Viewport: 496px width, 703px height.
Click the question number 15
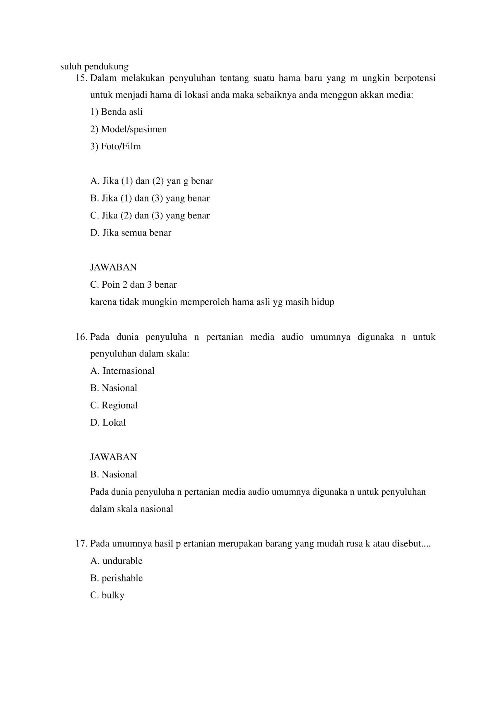point(81,78)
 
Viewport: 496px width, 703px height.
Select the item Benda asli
point(116,112)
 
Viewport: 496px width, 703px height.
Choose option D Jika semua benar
point(131,233)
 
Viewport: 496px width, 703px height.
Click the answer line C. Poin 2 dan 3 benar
point(133,285)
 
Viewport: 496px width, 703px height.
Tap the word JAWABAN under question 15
point(113,267)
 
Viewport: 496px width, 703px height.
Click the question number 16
point(81,337)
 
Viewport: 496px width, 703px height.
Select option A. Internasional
point(122,371)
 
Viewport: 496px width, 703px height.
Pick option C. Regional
point(114,405)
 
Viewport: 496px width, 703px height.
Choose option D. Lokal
point(108,423)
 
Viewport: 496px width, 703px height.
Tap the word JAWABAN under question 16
point(113,457)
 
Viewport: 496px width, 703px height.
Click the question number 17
point(81,544)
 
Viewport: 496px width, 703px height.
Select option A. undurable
point(116,561)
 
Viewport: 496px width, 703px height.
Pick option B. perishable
point(116,578)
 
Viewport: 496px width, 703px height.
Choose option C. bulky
point(107,595)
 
